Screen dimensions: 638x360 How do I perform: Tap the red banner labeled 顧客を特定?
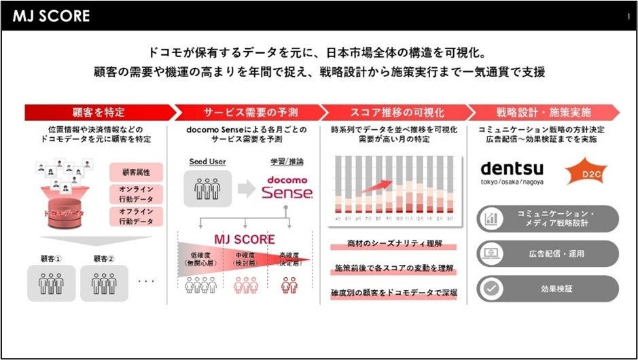99,112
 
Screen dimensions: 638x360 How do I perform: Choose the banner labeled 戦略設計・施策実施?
544,112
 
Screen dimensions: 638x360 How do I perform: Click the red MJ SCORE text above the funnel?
245,240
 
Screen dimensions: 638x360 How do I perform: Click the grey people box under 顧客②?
104,283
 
